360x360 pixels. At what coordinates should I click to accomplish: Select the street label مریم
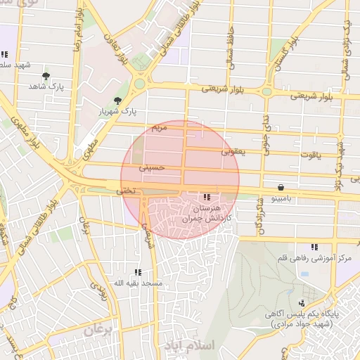pos(160,128)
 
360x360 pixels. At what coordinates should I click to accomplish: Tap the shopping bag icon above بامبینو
pos(281,188)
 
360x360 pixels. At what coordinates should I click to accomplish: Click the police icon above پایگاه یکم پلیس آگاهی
pos(302,302)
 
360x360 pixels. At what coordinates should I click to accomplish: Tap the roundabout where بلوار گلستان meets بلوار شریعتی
pos(267,90)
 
